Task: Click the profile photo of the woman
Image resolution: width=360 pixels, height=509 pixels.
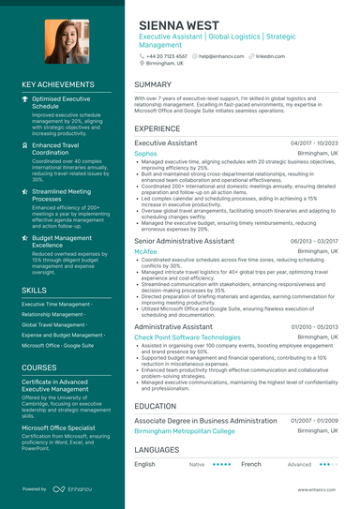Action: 63,42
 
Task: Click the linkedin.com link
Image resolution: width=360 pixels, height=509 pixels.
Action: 270,56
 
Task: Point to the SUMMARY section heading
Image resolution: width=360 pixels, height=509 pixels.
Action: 153,84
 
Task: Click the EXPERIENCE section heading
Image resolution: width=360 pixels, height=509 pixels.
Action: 157,128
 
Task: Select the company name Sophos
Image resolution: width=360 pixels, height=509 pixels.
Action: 145,152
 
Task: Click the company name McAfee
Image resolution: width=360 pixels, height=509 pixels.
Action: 145,251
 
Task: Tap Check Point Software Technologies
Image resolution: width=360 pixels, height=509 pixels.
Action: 187,337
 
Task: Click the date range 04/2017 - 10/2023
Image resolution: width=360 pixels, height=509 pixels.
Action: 313,142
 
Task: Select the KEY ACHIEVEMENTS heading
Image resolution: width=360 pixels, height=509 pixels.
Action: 57,84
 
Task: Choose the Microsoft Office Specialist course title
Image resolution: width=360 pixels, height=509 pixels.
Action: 65,427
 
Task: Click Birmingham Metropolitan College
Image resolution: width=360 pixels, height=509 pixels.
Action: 197,431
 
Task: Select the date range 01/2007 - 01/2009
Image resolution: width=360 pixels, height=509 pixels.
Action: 313,421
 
